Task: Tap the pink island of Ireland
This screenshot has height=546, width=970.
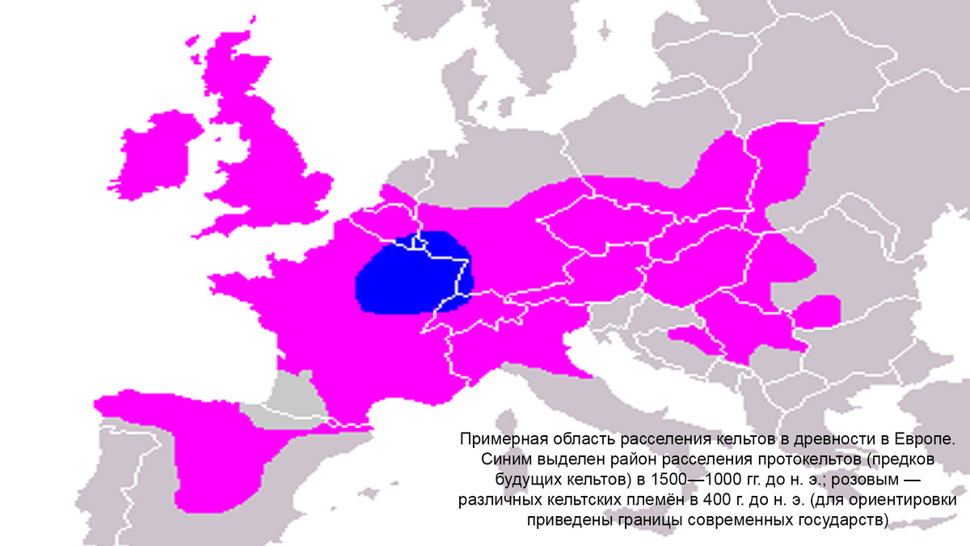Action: (x=158, y=158)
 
